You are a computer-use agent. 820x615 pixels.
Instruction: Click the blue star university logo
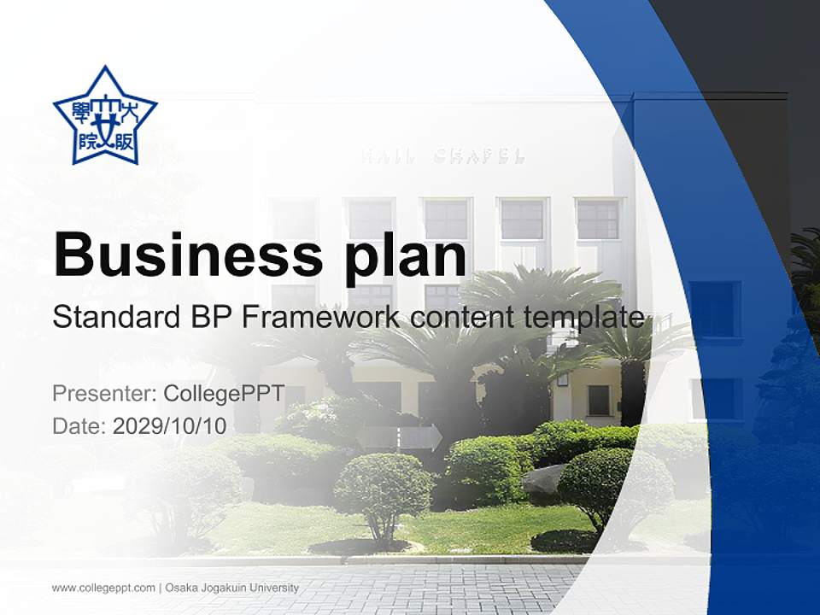click(105, 115)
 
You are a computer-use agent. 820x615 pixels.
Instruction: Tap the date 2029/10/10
click(170, 426)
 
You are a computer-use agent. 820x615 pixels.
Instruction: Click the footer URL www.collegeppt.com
click(103, 588)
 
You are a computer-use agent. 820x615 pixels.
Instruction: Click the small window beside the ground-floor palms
click(599, 400)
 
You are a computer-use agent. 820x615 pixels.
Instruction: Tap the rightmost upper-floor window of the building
click(598, 220)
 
